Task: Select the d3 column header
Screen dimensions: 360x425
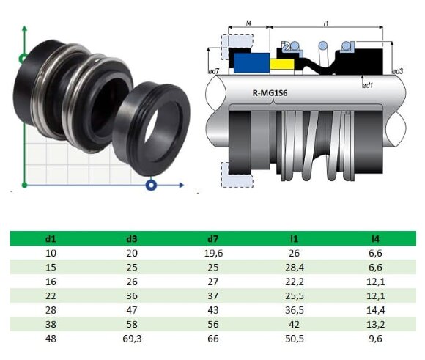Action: pos(130,238)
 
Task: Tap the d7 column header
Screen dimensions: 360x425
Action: pos(212,238)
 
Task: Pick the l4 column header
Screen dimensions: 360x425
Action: pos(375,238)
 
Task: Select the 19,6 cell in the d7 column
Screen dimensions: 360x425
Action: pos(212,253)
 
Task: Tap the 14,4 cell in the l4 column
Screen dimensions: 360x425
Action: pos(375,311)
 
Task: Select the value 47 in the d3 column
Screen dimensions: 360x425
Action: pos(130,311)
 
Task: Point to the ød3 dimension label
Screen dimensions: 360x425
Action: pos(398,71)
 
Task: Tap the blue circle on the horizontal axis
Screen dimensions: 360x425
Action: pos(151,184)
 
